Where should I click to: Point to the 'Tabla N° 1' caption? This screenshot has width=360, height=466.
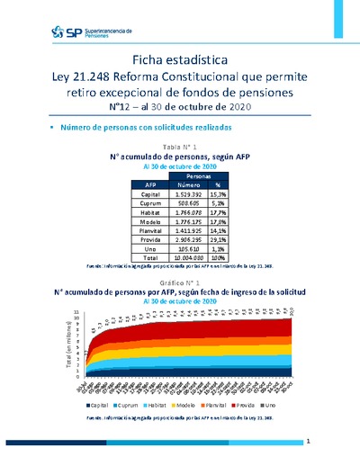coord(179,146)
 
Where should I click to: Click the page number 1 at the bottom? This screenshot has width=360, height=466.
coord(308,442)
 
